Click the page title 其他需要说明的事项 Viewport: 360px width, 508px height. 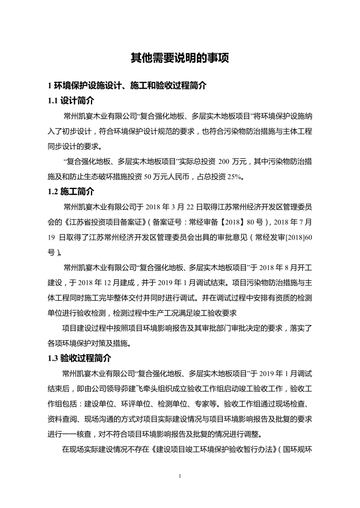(x=180, y=58)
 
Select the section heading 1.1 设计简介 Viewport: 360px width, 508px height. (x=70, y=100)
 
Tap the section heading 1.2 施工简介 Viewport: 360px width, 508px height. (x=70, y=191)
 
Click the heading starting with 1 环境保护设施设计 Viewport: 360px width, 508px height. (x=127, y=86)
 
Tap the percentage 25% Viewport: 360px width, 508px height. (x=235, y=176)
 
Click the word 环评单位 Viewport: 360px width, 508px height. (x=141, y=402)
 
